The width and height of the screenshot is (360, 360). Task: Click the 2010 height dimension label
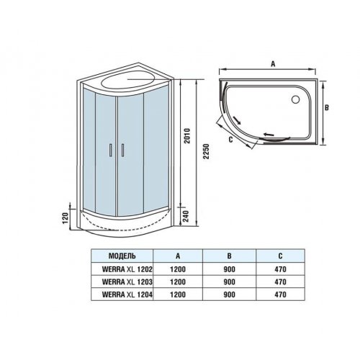coord(187,136)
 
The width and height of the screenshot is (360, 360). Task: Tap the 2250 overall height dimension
coord(206,151)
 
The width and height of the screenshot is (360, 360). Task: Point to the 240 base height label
coord(186,216)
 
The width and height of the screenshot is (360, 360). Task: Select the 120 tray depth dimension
coord(66,218)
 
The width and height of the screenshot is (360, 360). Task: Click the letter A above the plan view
coord(273,64)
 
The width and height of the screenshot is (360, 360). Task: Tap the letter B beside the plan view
coord(327,108)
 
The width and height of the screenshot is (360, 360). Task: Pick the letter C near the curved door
coord(230,140)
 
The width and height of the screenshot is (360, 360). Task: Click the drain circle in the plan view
coord(295,99)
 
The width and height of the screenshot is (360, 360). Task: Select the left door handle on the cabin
coord(111,150)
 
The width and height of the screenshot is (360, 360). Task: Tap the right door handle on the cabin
coord(122,150)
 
